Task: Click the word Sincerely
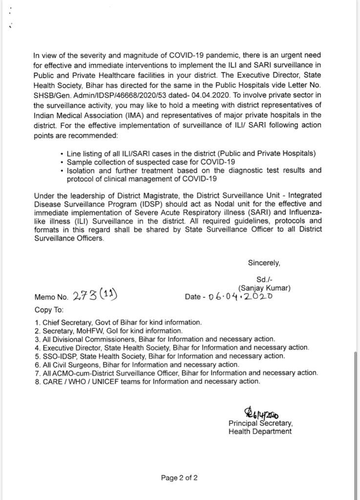click(264, 263)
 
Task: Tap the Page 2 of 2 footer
click(179, 478)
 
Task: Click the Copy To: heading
click(49, 310)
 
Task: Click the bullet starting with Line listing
click(191, 153)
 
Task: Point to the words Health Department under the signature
click(260, 431)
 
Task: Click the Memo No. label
click(51, 297)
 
